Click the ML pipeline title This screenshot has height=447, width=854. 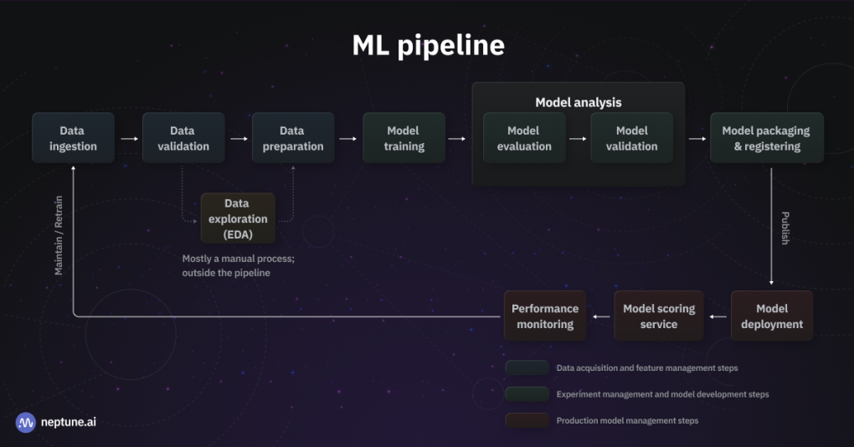[x=428, y=46]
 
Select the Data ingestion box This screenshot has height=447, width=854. [x=73, y=138]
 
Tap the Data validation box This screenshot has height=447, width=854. [x=183, y=138]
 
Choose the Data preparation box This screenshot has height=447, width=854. [x=292, y=138]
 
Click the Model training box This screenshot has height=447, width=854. [x=404, y=138]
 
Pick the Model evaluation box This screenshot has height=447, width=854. [x=524, y=138]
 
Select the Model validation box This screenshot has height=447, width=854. [x=631, y=138]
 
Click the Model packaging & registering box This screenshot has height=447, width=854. [x=766, y=138]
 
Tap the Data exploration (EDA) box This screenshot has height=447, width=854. [x=238, y=218]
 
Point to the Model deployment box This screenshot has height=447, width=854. [x=771, y=316]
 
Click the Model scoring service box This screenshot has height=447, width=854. [x=659, y=316]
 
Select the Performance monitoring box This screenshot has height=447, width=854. [x=545, y=316]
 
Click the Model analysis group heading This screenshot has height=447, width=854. [x=579, y=102]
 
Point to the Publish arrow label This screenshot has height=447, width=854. [x=785, y=228]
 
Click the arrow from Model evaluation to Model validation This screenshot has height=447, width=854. [x=578, y=139]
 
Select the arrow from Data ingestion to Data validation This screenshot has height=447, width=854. [x=129, y=139]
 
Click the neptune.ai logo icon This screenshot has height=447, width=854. [x=26, y=421]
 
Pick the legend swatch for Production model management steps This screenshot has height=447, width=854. [x=526, y=420]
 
